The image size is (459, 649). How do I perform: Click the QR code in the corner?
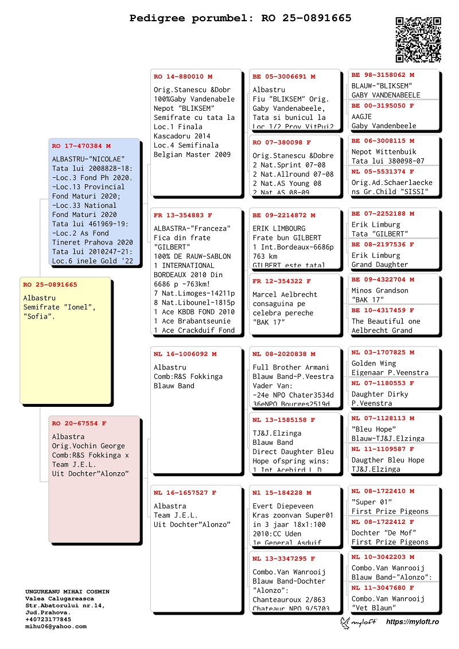418,40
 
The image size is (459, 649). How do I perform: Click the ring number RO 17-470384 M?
81,146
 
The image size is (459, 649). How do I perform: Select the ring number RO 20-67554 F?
80,423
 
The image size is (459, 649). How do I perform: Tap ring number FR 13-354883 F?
183,215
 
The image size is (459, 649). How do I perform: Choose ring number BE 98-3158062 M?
383,75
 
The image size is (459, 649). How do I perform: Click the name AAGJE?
362,116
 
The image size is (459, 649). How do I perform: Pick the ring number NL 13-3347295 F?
284,558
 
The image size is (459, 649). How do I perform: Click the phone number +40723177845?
49,619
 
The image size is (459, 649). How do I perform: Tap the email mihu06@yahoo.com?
56,626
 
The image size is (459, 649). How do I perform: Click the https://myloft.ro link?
413,622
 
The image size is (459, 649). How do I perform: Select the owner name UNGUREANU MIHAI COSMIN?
67,591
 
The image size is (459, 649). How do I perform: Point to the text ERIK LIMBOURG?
279,228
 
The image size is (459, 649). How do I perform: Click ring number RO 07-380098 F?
282,142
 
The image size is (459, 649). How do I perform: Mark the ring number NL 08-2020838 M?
284,354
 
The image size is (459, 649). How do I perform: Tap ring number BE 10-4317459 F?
383,310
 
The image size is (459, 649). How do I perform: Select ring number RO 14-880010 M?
183,76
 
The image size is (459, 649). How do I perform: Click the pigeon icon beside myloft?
347,623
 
